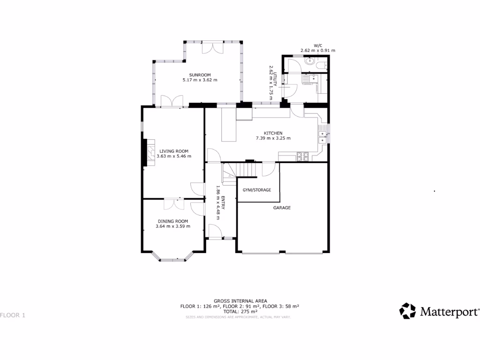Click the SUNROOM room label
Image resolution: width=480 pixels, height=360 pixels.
tap(200, 75)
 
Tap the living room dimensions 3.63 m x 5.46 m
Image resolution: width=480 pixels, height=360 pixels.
tap(173, 156)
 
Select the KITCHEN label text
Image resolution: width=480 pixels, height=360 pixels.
tap(273, 133)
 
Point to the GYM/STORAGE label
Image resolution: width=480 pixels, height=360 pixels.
tap(256, 190)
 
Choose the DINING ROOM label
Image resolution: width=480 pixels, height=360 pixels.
tap(172, 221)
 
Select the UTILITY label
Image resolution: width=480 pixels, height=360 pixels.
tap(277, 78)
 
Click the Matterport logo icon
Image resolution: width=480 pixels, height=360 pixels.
tap(407, 311)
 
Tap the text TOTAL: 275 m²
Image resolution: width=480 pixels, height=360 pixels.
tap(240, 311)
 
